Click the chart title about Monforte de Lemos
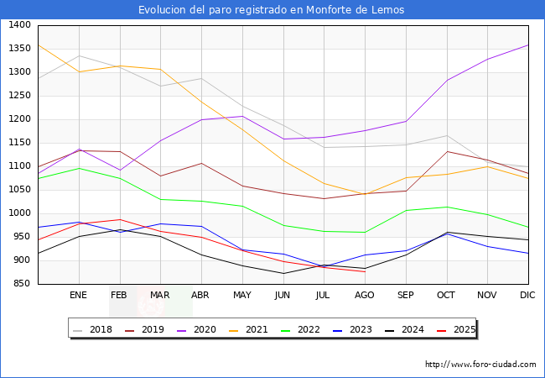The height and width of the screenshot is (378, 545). [x=272, y=10]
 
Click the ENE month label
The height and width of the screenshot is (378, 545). [x=78, y=295]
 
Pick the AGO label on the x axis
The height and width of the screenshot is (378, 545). [x=365, y=295]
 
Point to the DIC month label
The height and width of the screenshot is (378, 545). [x=528, y=295]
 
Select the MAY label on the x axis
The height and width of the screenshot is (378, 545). [x=241, y=295]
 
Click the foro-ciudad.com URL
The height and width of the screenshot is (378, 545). [x=480, y=365]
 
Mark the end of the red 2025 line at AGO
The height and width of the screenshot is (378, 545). [x=365, y=271]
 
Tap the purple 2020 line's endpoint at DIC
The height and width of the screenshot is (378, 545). [x=528, y=45]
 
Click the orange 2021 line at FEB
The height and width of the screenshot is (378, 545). [x=119, y=66]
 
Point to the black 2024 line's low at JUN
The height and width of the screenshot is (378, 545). [x=283, y=273]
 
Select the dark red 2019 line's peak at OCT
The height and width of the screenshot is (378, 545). [x=446, y=152]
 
